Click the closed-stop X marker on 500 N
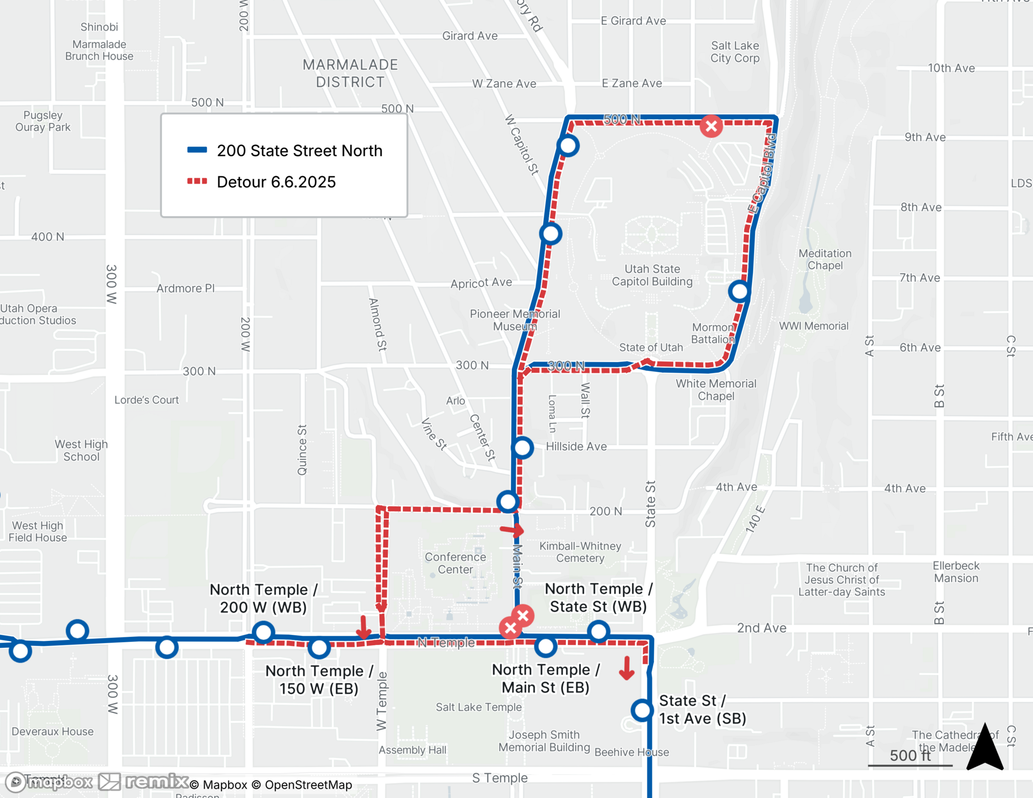[711, 126]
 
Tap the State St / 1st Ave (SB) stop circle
[642, 710]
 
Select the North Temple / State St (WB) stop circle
[599, 631]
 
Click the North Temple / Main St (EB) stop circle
[545, 646]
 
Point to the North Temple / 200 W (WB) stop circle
[263, 632]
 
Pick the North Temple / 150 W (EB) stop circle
[319, 647]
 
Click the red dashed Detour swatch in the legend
[197, 181]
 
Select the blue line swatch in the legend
[197, 150]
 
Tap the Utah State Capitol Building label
[652, 275]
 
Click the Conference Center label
[455, 563]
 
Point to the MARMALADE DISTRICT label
[350, 73]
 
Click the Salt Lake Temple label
[478, 707]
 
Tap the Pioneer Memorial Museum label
[514, 320]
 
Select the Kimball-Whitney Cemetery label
[580, 552]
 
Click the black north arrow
[985, 747]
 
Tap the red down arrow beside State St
[627, 668]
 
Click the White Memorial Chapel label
[716, 389]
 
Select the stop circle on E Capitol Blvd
[740, 292]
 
